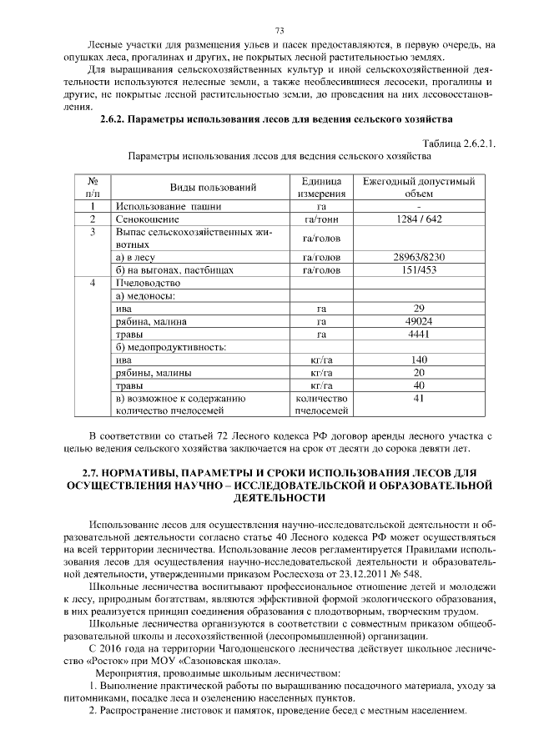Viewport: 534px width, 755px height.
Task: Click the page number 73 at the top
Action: [268, 31]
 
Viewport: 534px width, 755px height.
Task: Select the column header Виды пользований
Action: [213, 187]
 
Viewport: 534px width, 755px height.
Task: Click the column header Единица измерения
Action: [320, 187]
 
